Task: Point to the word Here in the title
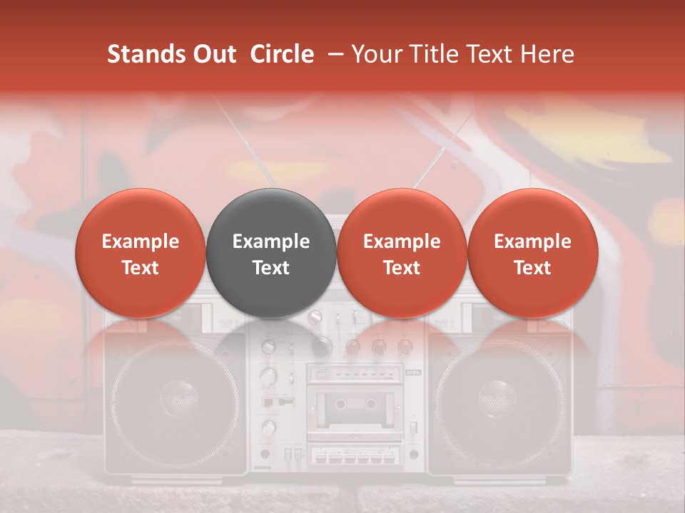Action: (547, 54)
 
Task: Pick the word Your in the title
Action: (375, 54)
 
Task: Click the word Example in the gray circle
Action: (271, 242)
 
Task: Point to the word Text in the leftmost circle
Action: (141, 268)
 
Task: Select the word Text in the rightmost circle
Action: (533, 268)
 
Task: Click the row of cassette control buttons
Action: (354, 455)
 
